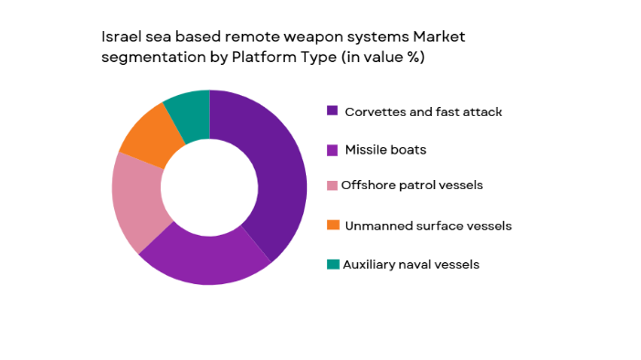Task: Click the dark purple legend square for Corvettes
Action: tap(332, 111)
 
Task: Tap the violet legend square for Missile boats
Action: tap(332, 149)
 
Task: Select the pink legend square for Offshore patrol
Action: tap(332, 185)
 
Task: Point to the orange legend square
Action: tap(332, 225)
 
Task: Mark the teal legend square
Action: tap(332, 264)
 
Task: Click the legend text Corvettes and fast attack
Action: tap(423, 111)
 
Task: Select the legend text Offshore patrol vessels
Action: tap(412, 185)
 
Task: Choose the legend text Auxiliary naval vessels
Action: tap(411, 264)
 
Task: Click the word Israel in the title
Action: tap(117, 37)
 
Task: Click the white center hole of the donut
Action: tap(209, 187)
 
